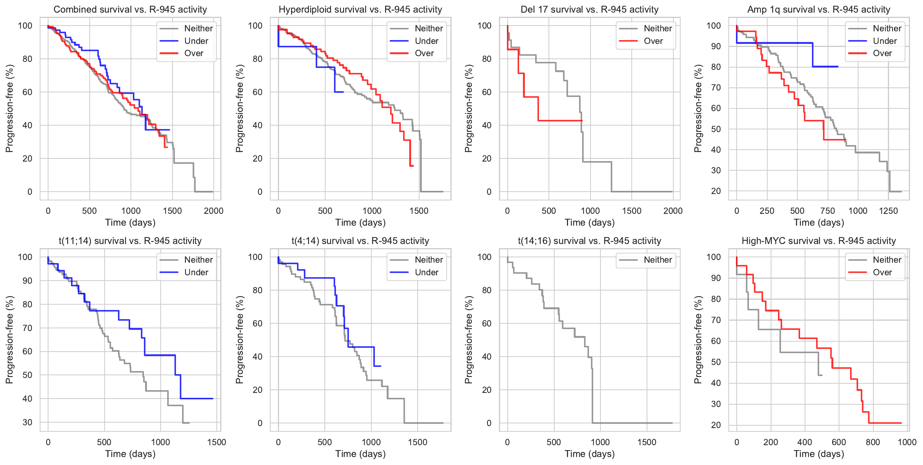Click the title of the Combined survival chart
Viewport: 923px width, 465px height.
[130, 10]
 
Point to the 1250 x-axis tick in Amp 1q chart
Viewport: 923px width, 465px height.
[888, 211]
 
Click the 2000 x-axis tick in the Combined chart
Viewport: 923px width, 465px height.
[213, 211]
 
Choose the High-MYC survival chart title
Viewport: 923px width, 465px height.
[818, 241]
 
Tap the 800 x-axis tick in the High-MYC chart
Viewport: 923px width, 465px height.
[873, 442]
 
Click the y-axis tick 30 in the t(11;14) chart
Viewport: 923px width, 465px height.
[27, 422]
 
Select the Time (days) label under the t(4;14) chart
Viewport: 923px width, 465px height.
[360, 454]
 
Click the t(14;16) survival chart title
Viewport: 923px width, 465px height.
[589, 241]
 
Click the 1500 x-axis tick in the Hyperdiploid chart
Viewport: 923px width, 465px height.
[419, 211]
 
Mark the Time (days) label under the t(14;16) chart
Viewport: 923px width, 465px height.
[589, 454]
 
